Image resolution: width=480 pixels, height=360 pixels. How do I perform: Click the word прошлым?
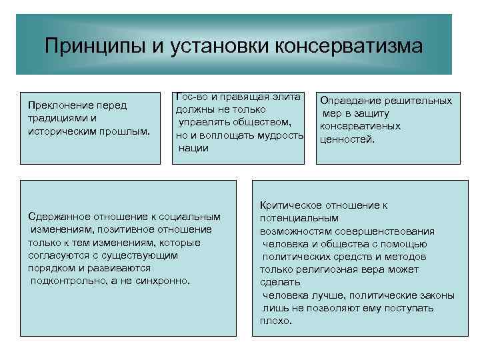(x=124, y=130)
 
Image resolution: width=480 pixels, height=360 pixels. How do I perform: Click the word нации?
(x=194, y=148)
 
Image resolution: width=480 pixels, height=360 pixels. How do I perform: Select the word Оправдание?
(x=347, y=101)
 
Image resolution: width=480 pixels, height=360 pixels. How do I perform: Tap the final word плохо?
(x=275, y=320)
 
